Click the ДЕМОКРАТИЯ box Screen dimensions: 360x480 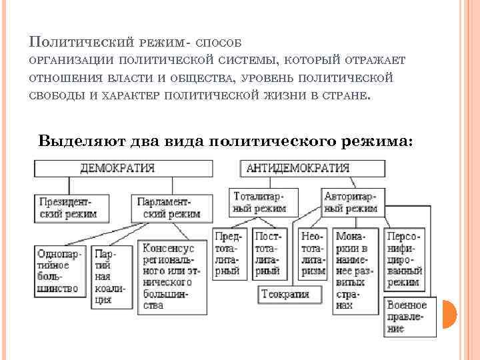(x=117, y=169)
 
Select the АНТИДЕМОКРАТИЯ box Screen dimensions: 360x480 (x=297, y=169)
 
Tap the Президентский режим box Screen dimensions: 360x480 (x=67, y=208)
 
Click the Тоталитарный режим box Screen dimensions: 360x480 (x=260, y=201)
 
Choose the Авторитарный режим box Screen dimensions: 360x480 (x=351, y=201)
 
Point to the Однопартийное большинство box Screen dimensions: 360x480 (x=59, y=271)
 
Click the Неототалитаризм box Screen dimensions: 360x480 (x=313, y=254)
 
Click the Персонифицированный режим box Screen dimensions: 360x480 (x=404, y=259)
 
